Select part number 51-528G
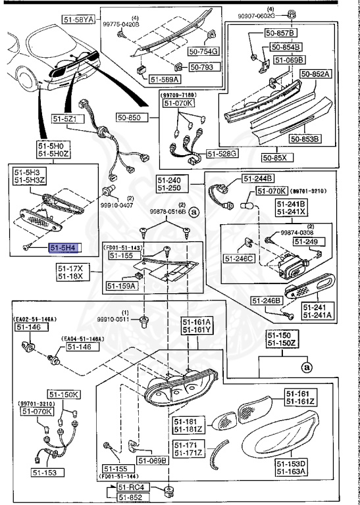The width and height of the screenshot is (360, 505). pyautogui.click(x=223, y=154)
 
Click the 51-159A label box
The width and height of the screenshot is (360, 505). pyautogui.click(x=121, y=286)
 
